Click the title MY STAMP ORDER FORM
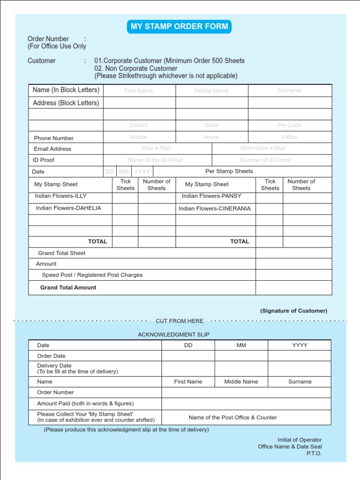click(179, 27)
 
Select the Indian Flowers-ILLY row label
click(61, 196)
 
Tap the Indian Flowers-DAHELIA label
click(68, 208)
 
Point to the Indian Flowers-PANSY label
click(211, 196)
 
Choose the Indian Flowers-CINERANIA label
click(214, 209)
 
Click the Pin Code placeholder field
click(289, 125)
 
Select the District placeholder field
click(139, 125)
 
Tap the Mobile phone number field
click(139, 137)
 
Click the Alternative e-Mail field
click(262, 148)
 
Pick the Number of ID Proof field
click(265, 160)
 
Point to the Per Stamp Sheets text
click(229, 172)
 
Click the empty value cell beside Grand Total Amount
click(293, 287)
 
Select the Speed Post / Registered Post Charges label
click(92, 275)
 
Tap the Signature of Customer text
click(293, 311)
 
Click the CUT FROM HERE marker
click(180, 321)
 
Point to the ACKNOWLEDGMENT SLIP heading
click(173, 335)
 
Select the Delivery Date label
click(54, 366)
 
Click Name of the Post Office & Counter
click(232, 417)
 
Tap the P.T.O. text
click(314, 454)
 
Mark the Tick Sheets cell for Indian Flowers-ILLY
click(125, 197)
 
